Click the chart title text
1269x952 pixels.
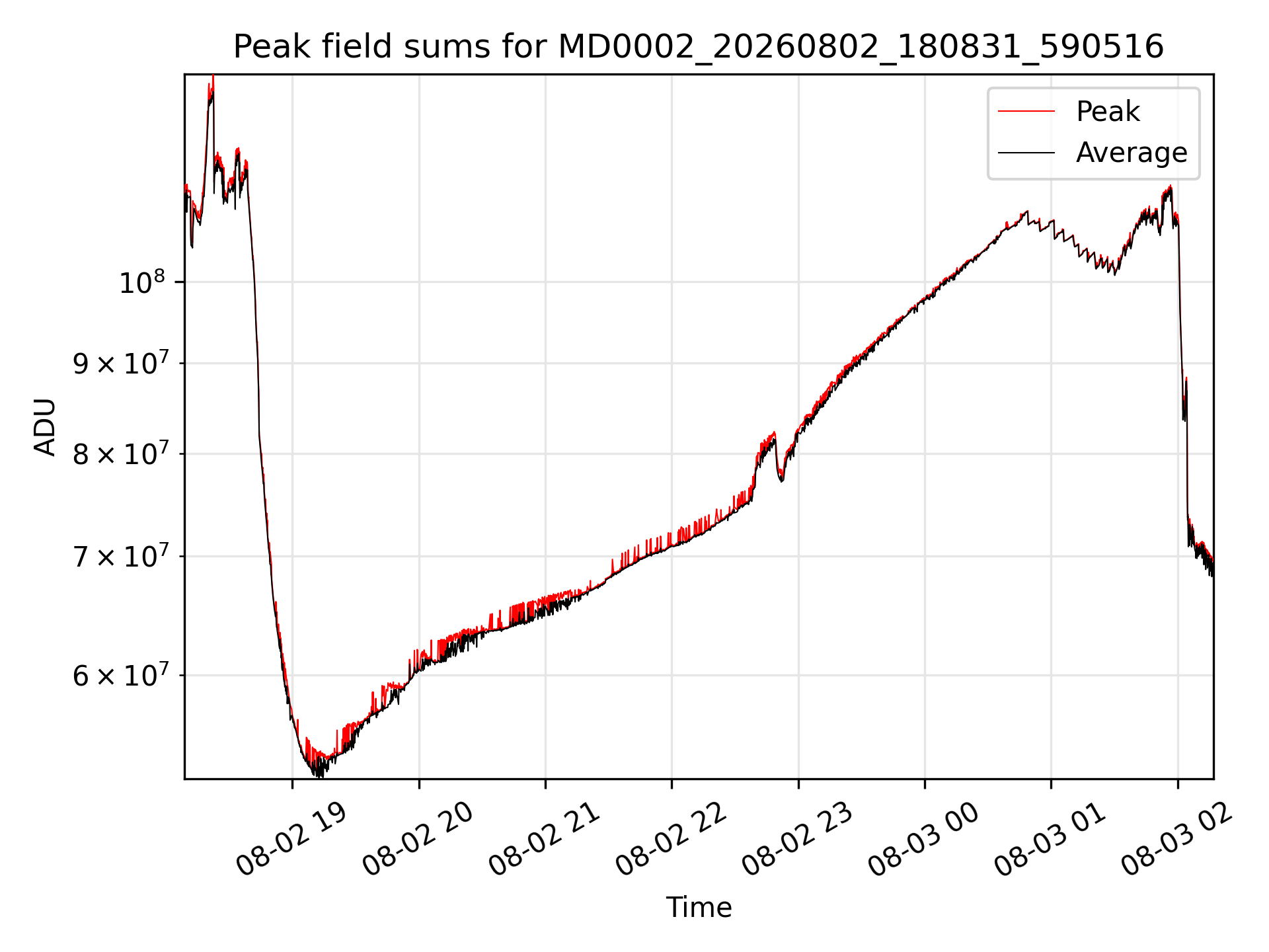tap(699, 47)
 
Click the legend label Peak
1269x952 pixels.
tap(1108, 112)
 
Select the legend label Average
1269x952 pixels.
tap(1132, 153)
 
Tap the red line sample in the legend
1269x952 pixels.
tap(1026, 112)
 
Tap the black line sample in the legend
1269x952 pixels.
tap(1026, 153)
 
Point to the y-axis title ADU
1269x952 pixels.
tap(45, 426)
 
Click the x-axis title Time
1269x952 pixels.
tap(699, 907)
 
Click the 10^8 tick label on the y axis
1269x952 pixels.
tap(142, 282)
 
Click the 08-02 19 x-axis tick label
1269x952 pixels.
tap(291, 840)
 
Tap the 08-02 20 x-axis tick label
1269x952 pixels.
tap(418, 840)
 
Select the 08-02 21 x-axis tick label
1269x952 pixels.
tap(545, 840)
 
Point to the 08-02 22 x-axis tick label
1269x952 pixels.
tap(672, 840)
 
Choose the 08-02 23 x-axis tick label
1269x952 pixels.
tap(798, 840)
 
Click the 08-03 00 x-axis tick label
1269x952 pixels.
tap(924, 840)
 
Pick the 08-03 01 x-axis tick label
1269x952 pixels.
tap(1051, 840)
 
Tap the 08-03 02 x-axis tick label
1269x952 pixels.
tap(1177, 840)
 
